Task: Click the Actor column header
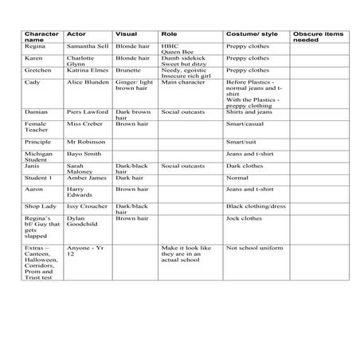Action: click(x=76, y=34)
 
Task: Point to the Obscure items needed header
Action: click(x=318, y=37)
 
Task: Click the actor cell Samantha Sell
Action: click(x=88, y=46)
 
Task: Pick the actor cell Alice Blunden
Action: click(x=87, y=81)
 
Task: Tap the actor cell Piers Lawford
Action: click(x=87, y=112)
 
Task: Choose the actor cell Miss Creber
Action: click(x=84, y=123)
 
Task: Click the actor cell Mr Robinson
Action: click(x=87, y=141)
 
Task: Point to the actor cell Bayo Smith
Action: click(x=84, y=153)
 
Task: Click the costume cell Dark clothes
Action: click(x=244, y=166)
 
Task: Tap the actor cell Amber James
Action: click(x=87, y=178)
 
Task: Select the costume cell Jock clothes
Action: click(x=244, y=218)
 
